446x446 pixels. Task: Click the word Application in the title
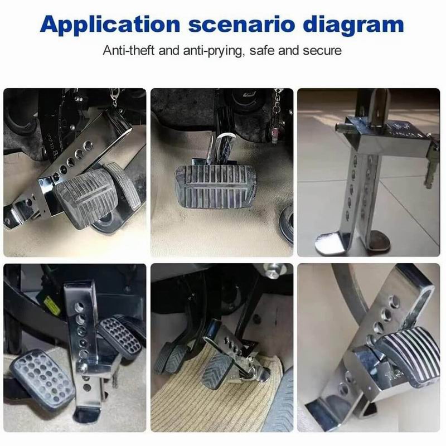(110, 25)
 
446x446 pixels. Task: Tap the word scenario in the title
(241, 25)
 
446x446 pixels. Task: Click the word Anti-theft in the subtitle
(129, 51)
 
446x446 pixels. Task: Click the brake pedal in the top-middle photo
(216, 186)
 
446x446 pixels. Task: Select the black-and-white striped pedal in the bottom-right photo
(409, 356)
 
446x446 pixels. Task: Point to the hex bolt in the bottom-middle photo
(273, 270)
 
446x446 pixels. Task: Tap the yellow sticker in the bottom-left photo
(53, 306)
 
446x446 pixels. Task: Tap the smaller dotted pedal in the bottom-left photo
(120, 338)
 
